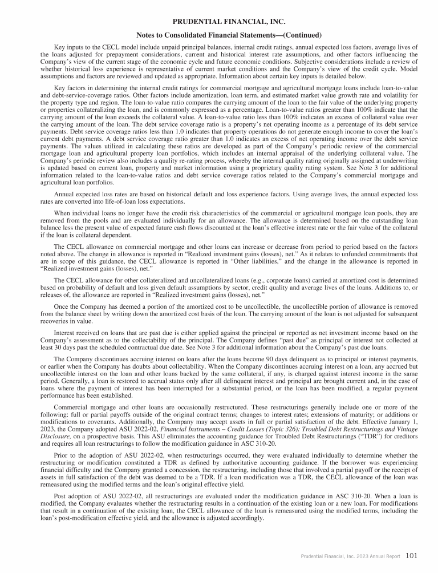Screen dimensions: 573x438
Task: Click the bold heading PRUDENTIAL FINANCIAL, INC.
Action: [x=219, y=22]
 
